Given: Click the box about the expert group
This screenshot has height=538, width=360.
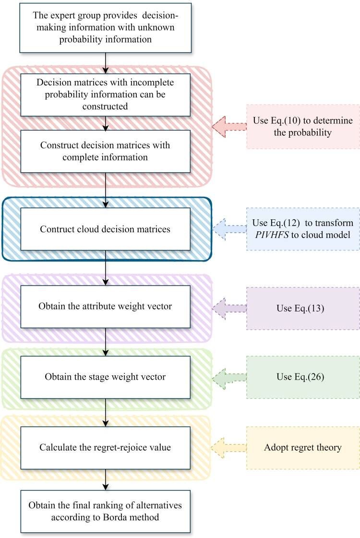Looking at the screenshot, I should [x=105, y=28].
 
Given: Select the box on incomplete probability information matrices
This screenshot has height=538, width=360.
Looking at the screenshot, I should [x=105, y=94].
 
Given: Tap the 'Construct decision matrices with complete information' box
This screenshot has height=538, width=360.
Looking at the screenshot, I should [x=105, y=151].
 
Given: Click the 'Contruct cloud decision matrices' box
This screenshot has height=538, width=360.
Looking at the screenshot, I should [x=105, y=229].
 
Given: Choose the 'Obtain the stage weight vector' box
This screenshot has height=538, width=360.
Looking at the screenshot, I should [x=105, y=377].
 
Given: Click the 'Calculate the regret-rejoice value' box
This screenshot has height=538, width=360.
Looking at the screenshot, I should [x=105, y=448].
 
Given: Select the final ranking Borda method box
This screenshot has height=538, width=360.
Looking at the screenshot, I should [x=105, y=512].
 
